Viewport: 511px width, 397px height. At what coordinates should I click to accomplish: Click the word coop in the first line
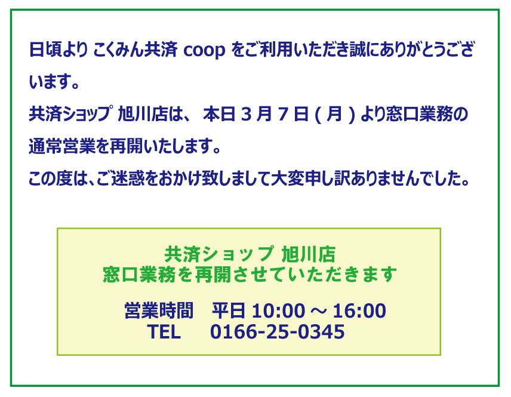204,51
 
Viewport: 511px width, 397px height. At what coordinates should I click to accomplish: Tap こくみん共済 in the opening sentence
136,50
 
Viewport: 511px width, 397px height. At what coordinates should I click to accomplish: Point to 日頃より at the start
59,50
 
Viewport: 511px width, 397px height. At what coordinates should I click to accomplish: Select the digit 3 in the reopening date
247,115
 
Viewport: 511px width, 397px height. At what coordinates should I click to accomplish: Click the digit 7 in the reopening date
284,115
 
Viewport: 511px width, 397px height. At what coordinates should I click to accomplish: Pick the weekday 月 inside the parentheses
334,115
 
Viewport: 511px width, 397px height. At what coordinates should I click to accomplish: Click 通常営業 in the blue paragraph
61,146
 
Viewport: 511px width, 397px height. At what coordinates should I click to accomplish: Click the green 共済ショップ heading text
218,254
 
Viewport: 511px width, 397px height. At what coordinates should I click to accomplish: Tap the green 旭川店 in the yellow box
308,254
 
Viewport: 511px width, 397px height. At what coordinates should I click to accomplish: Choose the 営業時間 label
159,310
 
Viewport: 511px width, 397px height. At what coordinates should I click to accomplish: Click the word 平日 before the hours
229,310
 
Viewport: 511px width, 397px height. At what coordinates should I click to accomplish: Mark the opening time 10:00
278,311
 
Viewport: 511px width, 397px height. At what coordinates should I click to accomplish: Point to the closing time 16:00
359,311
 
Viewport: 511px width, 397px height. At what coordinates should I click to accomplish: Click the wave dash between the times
318,311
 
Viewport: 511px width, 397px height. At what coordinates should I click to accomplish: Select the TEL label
164,332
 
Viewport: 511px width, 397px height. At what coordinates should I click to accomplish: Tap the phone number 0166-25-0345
278,332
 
